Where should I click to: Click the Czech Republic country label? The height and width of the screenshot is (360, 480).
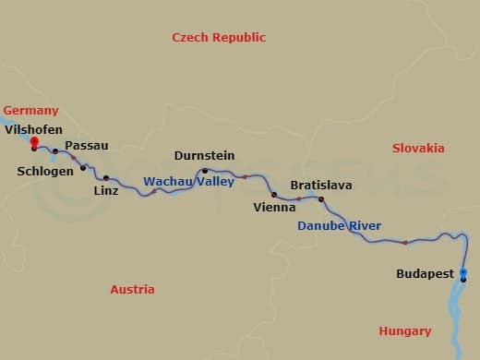click(x=219, y=38)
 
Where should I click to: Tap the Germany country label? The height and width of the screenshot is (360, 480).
click(x=30, y=110)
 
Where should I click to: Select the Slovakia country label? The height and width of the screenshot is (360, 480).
click(x=417, y=149)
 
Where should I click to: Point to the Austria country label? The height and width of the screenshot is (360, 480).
click(x=132, y=290)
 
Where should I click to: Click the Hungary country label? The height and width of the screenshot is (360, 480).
click(x=404, y=331)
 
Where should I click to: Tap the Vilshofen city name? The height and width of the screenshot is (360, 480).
click(x=34, y=130)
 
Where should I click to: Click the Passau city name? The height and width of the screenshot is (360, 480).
click(x=87, y=146)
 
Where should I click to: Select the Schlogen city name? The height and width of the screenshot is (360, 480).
click(x=44, y=171)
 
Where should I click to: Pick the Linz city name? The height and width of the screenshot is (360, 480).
click(x=106, y=191)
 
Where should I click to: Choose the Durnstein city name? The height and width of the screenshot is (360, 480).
click(x=204, y=156)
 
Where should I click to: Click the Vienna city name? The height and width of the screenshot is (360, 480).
click(x=274, y=208)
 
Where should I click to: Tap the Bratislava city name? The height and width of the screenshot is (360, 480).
click(x=320, y=186)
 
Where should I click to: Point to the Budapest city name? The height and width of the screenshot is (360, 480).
click(x=425, y=274)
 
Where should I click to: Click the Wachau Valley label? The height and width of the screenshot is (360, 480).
click(x=188, y=182)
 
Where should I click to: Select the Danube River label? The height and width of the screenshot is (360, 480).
click(x=339, y=226)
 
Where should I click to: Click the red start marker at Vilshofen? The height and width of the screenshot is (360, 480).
click(x=34, y=141)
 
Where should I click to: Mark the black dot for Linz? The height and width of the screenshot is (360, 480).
click(x=106, y=177)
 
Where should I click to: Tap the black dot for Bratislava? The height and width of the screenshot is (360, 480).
click(x=321, y=199)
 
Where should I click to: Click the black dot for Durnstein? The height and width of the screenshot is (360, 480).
click(x=205, y=171)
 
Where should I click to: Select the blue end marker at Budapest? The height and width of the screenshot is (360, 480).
click(x=463, y=271)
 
